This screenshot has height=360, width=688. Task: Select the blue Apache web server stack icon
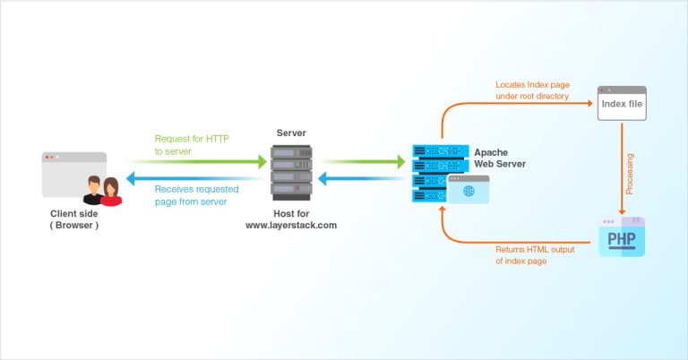439,172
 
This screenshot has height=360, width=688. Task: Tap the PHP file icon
622,237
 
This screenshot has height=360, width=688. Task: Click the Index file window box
622,104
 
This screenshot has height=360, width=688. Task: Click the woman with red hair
110,192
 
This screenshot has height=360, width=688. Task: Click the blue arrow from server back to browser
197,179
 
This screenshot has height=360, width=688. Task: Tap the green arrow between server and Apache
363,162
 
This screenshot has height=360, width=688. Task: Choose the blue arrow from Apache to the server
363,179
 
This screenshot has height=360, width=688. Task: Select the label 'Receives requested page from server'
191,195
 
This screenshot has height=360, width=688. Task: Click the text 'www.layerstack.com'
291,226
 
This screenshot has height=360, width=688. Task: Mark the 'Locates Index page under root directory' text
532,90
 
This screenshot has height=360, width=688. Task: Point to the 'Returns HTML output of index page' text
534,254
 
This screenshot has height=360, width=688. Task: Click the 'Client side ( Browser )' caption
74,219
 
